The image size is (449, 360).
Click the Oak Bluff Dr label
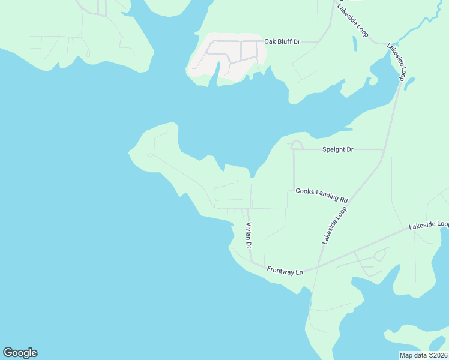(x=282, y=42)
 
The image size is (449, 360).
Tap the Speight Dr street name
(x=337, y=149)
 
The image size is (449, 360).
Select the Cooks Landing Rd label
(x=322, y=195)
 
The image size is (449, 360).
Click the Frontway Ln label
(x=285, y=271)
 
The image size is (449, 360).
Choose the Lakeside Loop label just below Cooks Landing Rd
(x=335, y=226)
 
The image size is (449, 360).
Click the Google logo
(x=20, y=353)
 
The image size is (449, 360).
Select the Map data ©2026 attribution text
(x=423, y=355)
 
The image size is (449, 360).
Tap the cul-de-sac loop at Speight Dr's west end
(x=295, y=145)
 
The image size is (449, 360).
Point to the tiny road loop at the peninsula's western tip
(x=149, y=155)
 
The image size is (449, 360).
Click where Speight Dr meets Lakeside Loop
(x=384, y=149)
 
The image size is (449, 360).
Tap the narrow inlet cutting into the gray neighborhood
(x=215, y=72)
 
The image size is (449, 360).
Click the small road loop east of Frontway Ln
(x=379, y=256)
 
